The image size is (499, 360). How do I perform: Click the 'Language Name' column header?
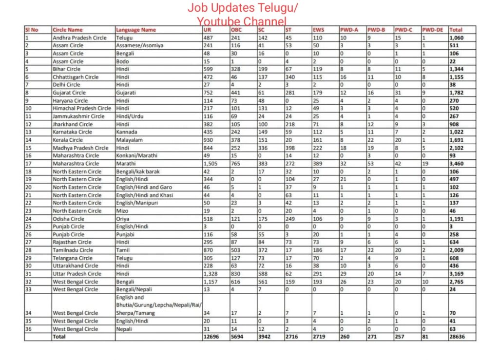(x=136, y=30)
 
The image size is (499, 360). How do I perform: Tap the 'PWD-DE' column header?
(x=432, y=30)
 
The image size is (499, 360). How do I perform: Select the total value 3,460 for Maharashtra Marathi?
(x=459, y=164)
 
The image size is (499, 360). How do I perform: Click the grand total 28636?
(x=459, y=337)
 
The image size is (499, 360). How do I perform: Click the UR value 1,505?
(x=212, y=164)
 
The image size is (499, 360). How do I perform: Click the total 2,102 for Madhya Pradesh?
(x=459, y=148)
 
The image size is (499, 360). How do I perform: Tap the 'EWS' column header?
(x=318, y=30)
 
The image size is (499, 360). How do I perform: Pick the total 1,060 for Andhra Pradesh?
(x=459, y=38)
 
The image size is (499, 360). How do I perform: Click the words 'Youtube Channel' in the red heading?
(x=242, y=21)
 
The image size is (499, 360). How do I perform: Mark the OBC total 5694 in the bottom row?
(x=237, y=337)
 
